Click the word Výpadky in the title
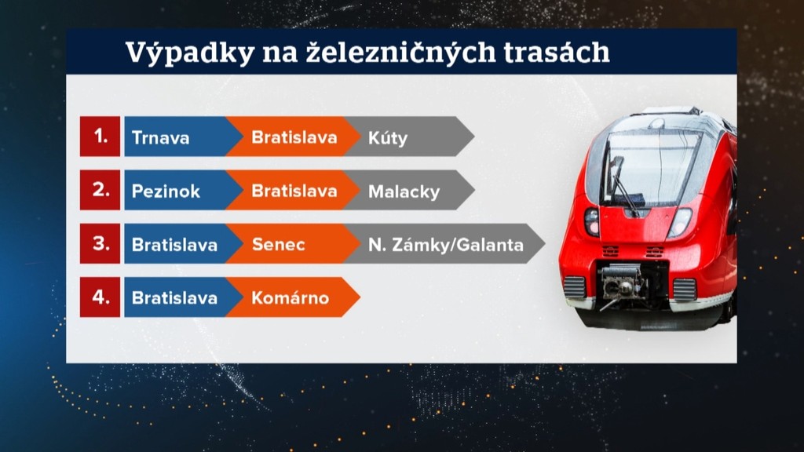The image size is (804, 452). [x=190, y=53]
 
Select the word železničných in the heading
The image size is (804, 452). [x=400, y=53]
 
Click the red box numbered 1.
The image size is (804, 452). [x=100, y=137]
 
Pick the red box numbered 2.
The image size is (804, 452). [x=100, y=190]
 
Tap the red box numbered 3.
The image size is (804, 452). [x=100, y=243]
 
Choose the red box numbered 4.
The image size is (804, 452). [x=100, y=297]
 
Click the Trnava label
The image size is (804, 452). [x=160, y=137]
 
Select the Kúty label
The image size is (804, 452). [x=388, y=138]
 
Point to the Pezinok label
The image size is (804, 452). [x=166, y=191]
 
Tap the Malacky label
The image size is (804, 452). [x=404, y=191]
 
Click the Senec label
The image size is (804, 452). [x=279, y=245]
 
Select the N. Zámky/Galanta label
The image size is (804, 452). [x=446, y=245]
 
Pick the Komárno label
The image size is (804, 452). [x=291, y=297]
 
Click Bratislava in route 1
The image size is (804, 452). [x=294, y=137]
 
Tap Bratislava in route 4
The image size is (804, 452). [x=174, y=297]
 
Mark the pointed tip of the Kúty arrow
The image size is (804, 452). [x=473, y=137]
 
